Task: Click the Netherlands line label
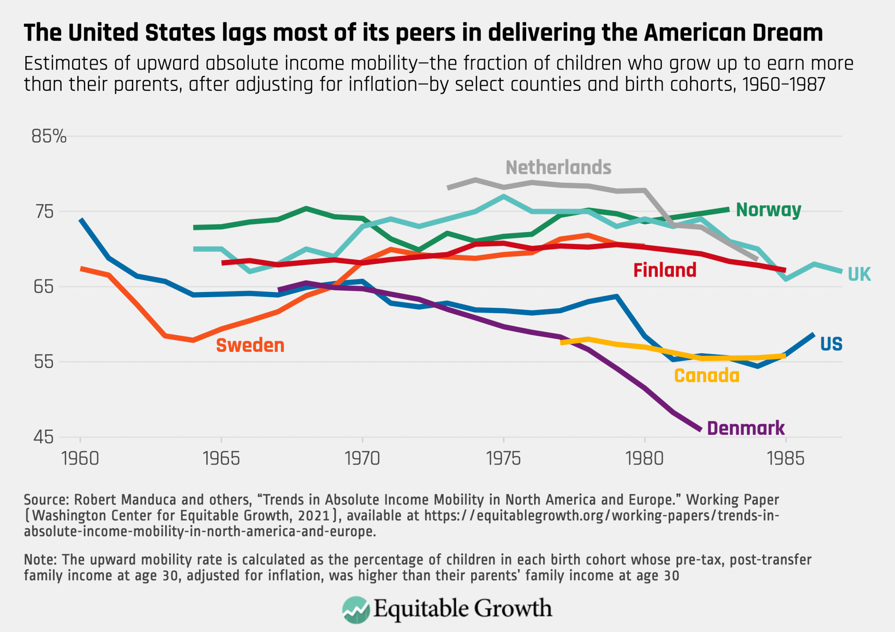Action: pyautogui.click(x=558, y=168)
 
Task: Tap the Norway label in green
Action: pyautogui.click(x=768, y=210)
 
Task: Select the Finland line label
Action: pyautogui.click(x=665, y=270)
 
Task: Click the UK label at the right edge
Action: pyautogui.click(x=859, y=274)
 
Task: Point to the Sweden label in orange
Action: pyautogui.click(x=250, y=346)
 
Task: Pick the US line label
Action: pyautogui.click(x=831, y=344)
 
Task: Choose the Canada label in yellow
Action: pyautogui.click(x=707, y=376)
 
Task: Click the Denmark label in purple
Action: pyautogui.click(x=746, y=428)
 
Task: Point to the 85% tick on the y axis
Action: pyautogui.click(x=49, y=137)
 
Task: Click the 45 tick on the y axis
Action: pyautogui.click(x=43, y=437)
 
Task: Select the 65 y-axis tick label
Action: pyautogui.click(x=43, y=287)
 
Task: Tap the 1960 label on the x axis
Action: pyautogui.click(x=80, y=458)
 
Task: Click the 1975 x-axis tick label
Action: pyautogui.click(x=503, y=458)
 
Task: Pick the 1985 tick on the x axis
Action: pyautogui.click(x=786, y=458)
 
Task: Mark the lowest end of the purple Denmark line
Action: pyautogui.click(x=701, y=430)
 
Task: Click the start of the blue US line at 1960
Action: pyautogui.click(x=81, y=220)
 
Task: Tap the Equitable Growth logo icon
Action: pyautogui.click(x=356, y=609)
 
